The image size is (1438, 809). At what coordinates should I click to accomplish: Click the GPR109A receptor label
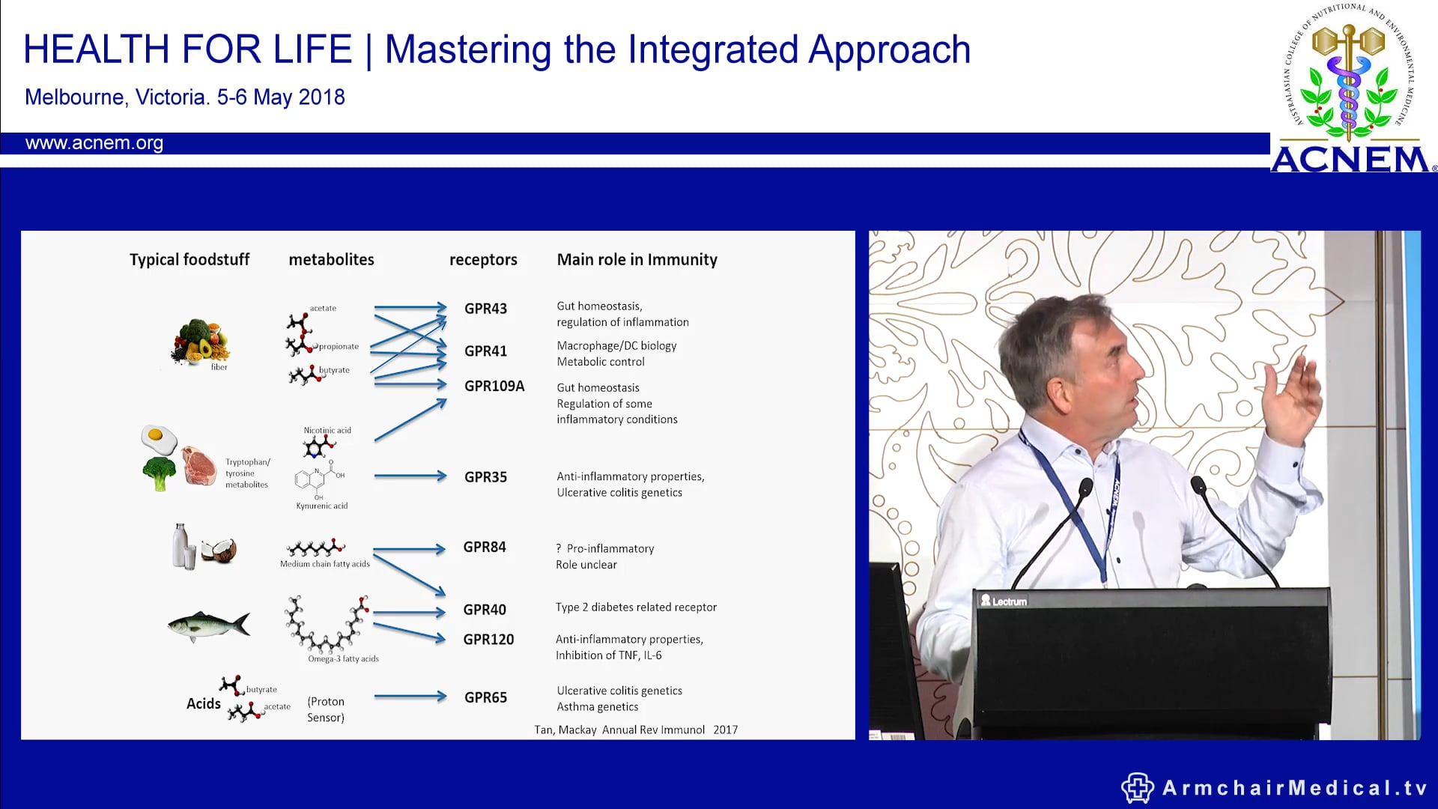(494, 387)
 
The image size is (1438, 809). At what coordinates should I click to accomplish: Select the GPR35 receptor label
(485, 477)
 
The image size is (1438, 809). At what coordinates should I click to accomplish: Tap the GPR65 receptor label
(485, 697)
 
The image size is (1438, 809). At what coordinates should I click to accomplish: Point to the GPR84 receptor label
(484, 548)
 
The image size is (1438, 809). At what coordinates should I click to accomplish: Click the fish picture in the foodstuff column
(208, 625)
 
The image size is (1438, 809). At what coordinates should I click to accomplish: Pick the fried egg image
(159, 439)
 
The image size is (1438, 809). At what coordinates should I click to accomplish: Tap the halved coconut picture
(219, 551)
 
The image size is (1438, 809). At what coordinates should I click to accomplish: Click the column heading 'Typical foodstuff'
(189, 260)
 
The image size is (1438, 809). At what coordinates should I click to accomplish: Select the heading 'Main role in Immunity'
(637, 260)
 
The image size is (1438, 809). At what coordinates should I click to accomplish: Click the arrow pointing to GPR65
(410, 697)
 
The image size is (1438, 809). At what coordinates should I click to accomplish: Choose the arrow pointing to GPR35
(410, 476)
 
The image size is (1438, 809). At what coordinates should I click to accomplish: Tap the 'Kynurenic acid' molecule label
(321, 506)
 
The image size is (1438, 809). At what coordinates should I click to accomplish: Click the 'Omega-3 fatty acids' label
(343, 659)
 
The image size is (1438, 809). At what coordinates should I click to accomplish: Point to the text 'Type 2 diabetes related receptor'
(636, 607)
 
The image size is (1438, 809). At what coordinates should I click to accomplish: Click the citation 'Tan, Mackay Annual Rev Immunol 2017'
(635, 730)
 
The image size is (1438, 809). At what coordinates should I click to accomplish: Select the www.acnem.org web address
(94, 143)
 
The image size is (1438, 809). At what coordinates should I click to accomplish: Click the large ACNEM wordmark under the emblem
(1350, 159)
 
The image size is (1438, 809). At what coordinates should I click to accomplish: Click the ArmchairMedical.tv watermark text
(1294, 788)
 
